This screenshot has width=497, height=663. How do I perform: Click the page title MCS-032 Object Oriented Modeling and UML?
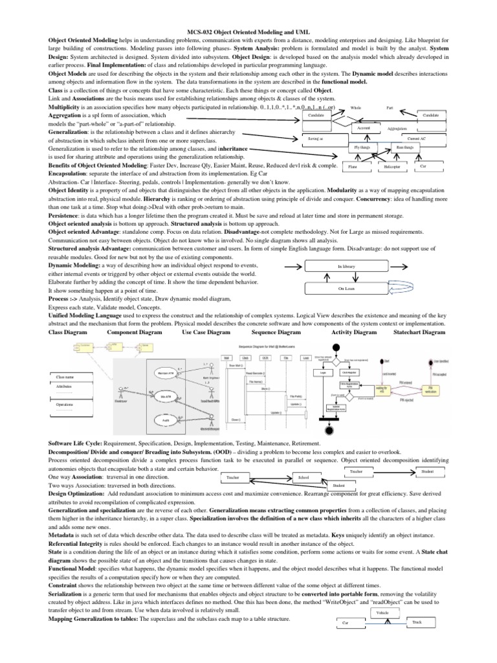point(248,30)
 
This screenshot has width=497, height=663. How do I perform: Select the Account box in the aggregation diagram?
point(364,129)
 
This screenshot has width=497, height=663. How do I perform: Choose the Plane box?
point(353,167)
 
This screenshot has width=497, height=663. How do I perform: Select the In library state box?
point(346,266)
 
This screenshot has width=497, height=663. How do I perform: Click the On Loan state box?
point(346,289)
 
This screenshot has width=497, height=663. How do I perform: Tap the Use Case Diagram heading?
point(206,332)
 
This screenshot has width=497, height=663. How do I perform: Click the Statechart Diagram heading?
point(419,332)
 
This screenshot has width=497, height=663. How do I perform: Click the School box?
point(304,477)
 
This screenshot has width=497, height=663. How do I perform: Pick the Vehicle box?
point(382,611)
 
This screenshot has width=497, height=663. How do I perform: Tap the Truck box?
point(415,622)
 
